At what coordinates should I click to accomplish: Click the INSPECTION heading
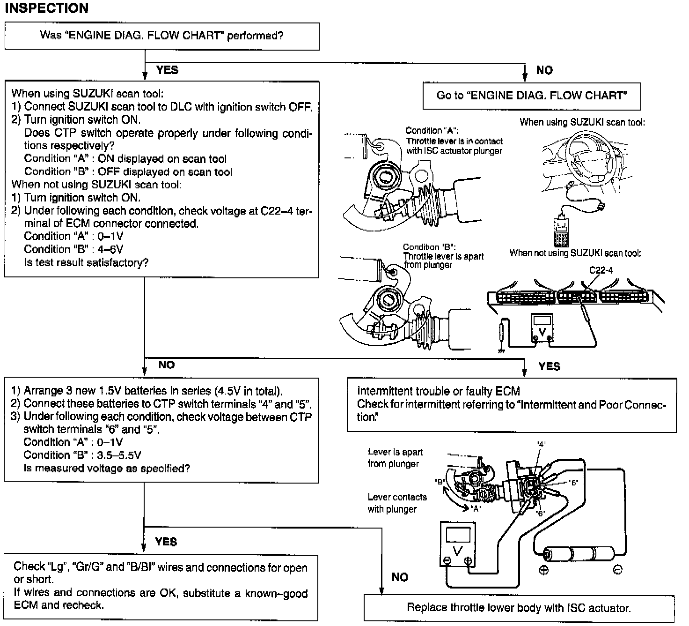[x=46, y=8]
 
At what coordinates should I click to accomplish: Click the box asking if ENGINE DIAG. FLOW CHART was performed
[x=161, y=36]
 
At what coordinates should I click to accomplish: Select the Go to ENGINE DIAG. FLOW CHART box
[x=531, y=96]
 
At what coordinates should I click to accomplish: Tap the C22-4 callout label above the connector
[x=601, y=270]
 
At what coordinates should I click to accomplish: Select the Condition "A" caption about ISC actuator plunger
[x=454, y=141]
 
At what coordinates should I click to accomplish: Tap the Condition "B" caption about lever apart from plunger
[x=443, y=256]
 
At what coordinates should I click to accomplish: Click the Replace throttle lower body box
[x=519, y=608]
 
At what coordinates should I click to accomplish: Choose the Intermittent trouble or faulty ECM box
[x=511, y=404]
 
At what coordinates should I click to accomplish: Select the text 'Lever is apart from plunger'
[x=395, y=458]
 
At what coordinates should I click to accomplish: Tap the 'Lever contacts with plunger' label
[x=397, y=503]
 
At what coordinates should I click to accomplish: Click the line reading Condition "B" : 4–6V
[x=73, y=249]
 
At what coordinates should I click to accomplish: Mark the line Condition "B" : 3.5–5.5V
[x=82, y=455]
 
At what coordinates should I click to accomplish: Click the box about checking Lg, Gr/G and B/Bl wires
[x=161, y=587]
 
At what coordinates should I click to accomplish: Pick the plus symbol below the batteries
[x=544, y=571]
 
